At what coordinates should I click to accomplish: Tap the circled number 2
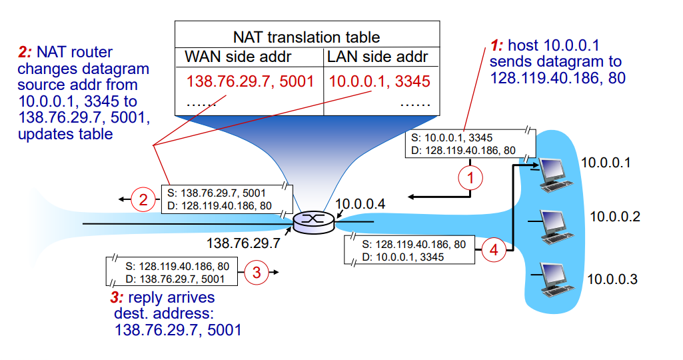pos(142,199)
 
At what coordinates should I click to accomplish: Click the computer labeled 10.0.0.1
pos(555,171)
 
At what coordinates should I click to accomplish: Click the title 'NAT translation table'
pos(307,37)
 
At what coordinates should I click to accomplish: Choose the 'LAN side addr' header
pos(377,57)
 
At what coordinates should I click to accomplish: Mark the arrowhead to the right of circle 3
pos(275,272)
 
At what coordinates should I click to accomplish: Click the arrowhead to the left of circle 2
pos(122,199)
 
